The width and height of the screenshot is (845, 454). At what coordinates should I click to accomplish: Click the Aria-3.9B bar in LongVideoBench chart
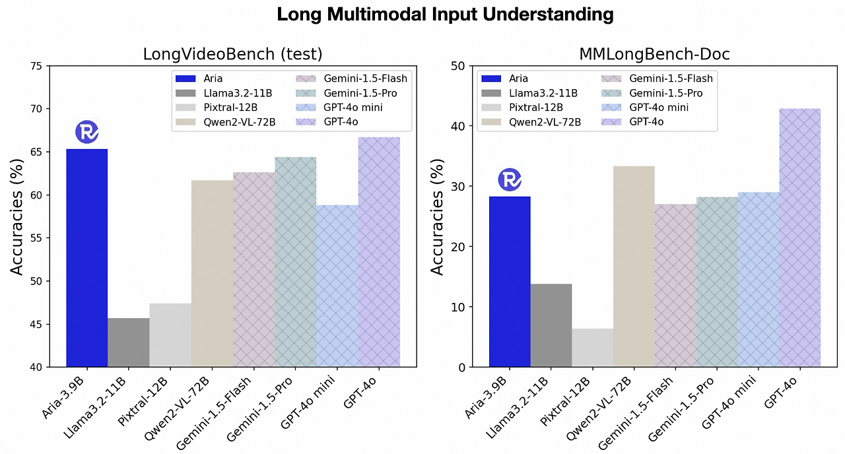click(86, 257)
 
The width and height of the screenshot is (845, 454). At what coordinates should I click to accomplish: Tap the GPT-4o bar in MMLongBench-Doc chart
click(799, 238)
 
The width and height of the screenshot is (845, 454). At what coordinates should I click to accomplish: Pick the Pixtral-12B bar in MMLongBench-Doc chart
click(592, 348)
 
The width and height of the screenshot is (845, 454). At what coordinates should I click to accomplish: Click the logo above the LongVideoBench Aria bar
click(86, 132)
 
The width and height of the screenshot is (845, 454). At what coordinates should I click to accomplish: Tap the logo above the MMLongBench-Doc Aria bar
click(509, 179)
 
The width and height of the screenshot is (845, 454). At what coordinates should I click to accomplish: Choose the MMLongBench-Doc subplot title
click(654, 54)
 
